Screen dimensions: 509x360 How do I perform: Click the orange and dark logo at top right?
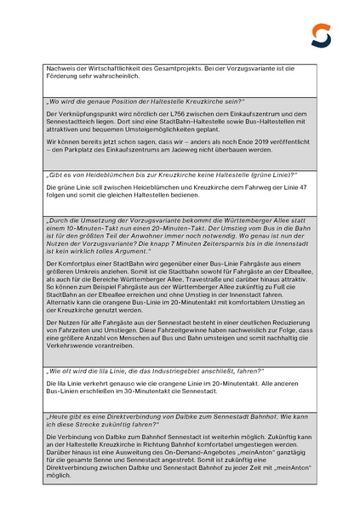[x=321, y=35]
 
